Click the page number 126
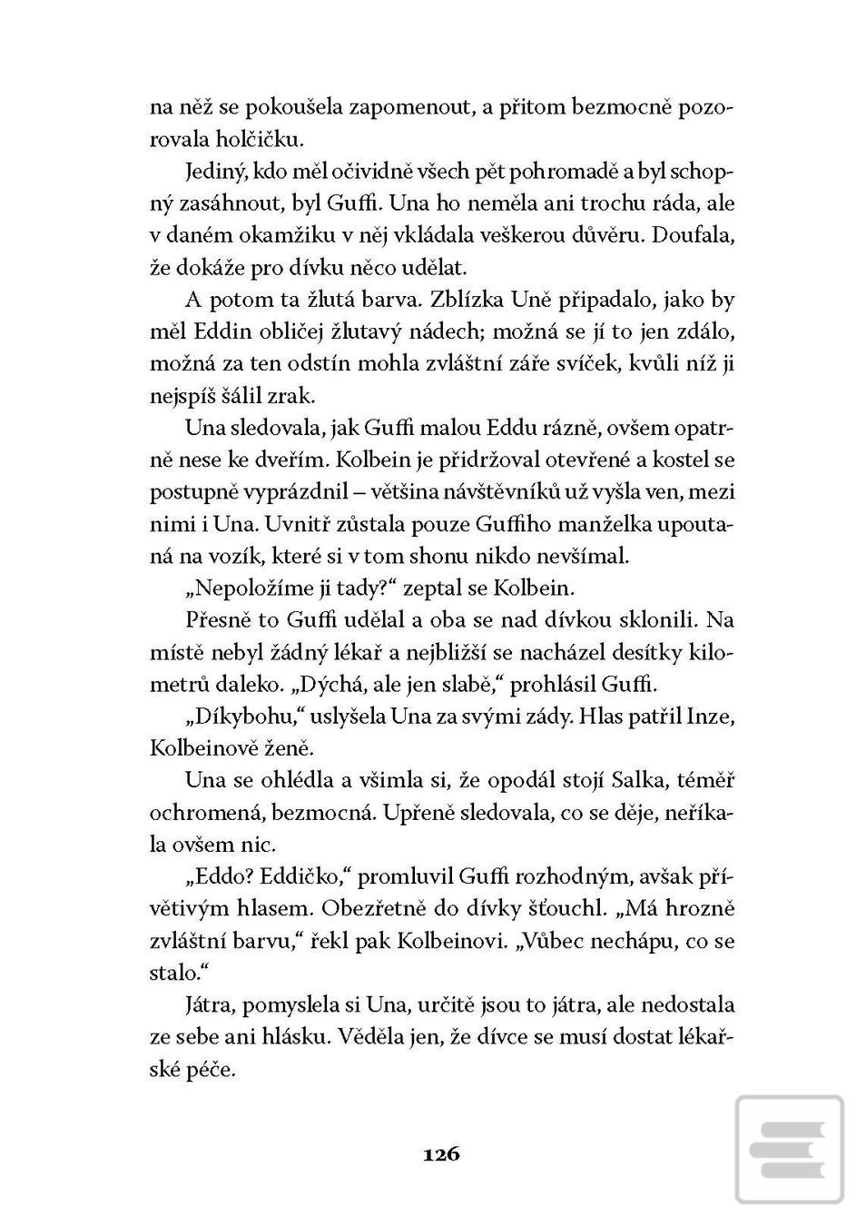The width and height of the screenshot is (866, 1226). (441, 1154)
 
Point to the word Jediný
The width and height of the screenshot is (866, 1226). (214, 171)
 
